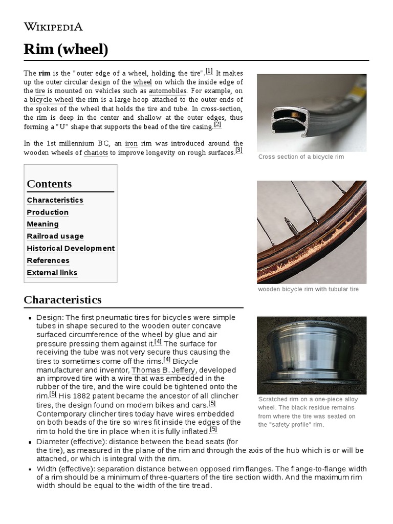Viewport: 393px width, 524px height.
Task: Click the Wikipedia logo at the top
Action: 53,27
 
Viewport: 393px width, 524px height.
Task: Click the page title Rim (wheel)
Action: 66,50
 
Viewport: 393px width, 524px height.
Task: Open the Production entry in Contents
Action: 48,212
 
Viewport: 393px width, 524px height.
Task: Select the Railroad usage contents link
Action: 55,236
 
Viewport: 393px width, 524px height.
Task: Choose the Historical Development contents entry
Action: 71,248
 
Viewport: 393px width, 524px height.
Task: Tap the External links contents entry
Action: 52,272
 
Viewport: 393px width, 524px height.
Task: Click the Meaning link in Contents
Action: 42,224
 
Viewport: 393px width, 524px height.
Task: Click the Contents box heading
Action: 49,184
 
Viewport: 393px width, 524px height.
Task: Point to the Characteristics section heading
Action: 62,299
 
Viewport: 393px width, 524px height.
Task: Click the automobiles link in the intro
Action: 167,91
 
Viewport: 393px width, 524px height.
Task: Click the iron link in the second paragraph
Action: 131,143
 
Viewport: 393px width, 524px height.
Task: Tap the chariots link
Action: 96,152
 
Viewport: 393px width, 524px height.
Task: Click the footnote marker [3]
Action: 238,150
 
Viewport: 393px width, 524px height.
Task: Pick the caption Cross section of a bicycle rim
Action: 301,157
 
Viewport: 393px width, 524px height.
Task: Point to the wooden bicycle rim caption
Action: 308,289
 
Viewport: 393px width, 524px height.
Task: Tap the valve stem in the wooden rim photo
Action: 290,226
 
